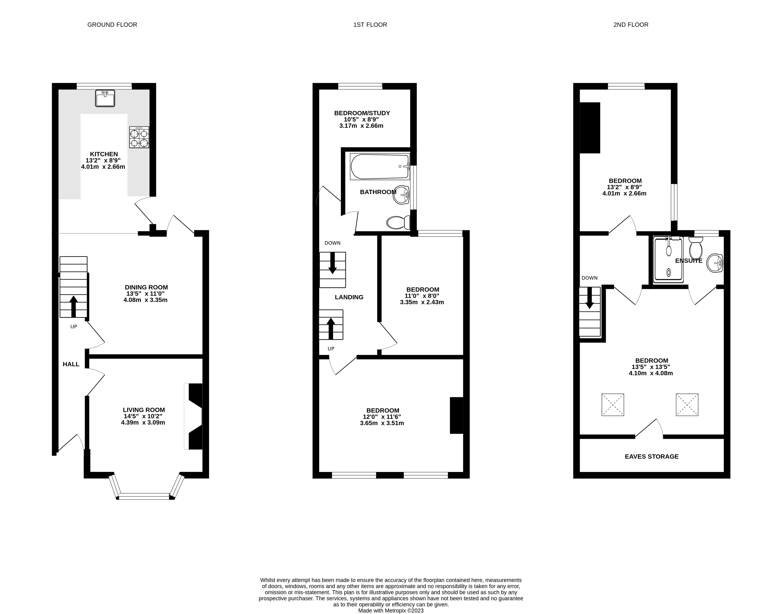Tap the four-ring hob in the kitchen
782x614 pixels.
point(139,137)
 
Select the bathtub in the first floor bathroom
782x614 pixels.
point(380,166)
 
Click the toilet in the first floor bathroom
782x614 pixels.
point(398,222)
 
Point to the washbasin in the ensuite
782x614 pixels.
point(715,263)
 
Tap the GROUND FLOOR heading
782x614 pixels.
point(112,25)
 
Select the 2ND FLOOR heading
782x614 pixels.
point(631,25)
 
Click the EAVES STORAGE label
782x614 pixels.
point(651,457)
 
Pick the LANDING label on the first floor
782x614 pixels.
point(349,297)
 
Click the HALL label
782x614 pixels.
point(71,364)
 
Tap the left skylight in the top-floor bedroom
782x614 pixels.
point(613,405)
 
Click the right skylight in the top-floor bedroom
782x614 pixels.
point(687,405)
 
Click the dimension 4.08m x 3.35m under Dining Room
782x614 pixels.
point(145,300)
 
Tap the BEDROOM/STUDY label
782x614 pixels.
point(362,113)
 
